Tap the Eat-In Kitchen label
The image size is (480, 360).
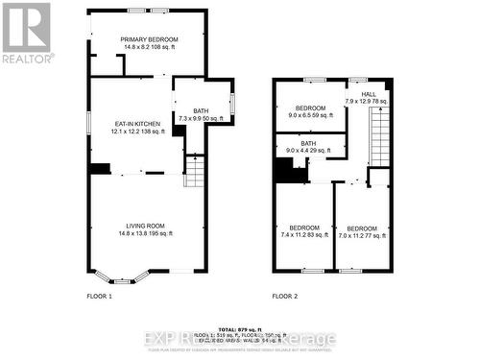point(133,124)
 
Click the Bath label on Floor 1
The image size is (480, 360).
point(200,111)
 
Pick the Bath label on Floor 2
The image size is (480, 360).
point(307,144)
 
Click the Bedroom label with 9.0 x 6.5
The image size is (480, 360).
point(312,108)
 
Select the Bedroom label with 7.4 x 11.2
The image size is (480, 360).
point(304,228)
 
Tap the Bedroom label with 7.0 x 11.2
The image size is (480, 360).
point(362,228)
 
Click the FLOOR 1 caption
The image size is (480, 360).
point(100,296)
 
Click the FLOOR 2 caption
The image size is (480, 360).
point(285,296)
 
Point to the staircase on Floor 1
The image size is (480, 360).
point(195,173)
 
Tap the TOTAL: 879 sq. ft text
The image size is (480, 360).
point(239,328)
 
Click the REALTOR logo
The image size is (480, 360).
point(25,32)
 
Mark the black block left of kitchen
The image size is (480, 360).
point(100,169)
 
